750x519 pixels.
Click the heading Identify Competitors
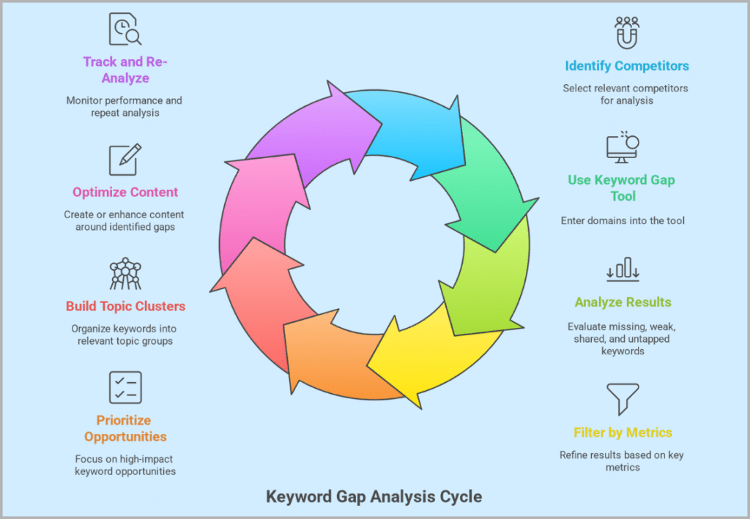626,66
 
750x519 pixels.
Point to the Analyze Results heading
623,302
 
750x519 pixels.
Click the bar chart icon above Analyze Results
623,269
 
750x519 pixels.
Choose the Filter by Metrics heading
623,432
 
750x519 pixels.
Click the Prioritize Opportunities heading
125,428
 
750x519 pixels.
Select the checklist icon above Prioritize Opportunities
125,387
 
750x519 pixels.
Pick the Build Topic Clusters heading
125,306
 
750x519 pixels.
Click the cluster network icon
125,274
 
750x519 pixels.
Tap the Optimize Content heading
125,193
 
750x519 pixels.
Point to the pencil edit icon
125,160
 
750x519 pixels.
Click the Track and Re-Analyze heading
125,70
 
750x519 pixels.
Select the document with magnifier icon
125,29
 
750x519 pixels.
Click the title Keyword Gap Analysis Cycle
374,497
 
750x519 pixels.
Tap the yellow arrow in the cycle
425,351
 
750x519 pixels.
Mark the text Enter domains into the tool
623,220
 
